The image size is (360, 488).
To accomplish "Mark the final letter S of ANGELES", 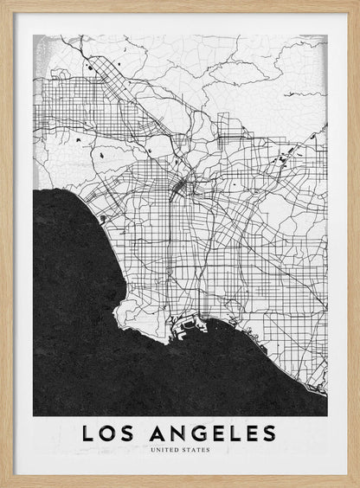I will [x=270, y=433].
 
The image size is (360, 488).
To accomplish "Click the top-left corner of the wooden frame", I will [x=3, y=3].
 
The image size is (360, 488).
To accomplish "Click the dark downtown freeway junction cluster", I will [x=180, y=186].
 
